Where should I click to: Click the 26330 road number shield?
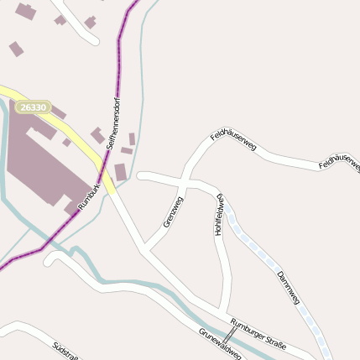click(33, 107)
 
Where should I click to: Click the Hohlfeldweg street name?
click(219, 215)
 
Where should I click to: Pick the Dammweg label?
click(288, 285)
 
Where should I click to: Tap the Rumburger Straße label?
click(258, 333)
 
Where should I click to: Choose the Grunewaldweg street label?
click(220, 343)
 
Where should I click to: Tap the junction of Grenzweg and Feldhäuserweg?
click(185, 180)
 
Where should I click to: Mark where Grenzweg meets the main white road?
click(145, 249)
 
